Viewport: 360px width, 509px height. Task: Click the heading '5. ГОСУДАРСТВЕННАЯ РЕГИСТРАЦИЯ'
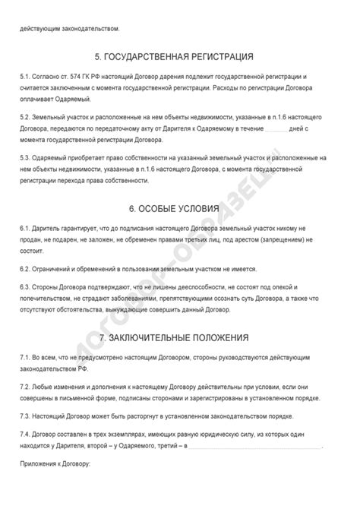pyautogui.click(x=179, y=56)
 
